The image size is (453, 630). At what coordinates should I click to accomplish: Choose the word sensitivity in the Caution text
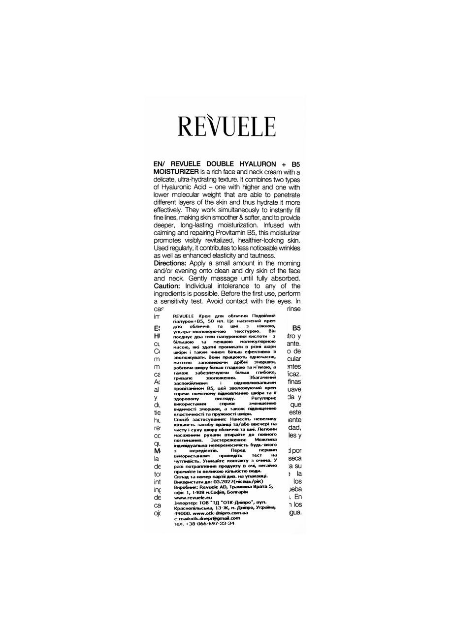point(184,301)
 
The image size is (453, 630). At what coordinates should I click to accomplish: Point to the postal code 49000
point(183,513)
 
